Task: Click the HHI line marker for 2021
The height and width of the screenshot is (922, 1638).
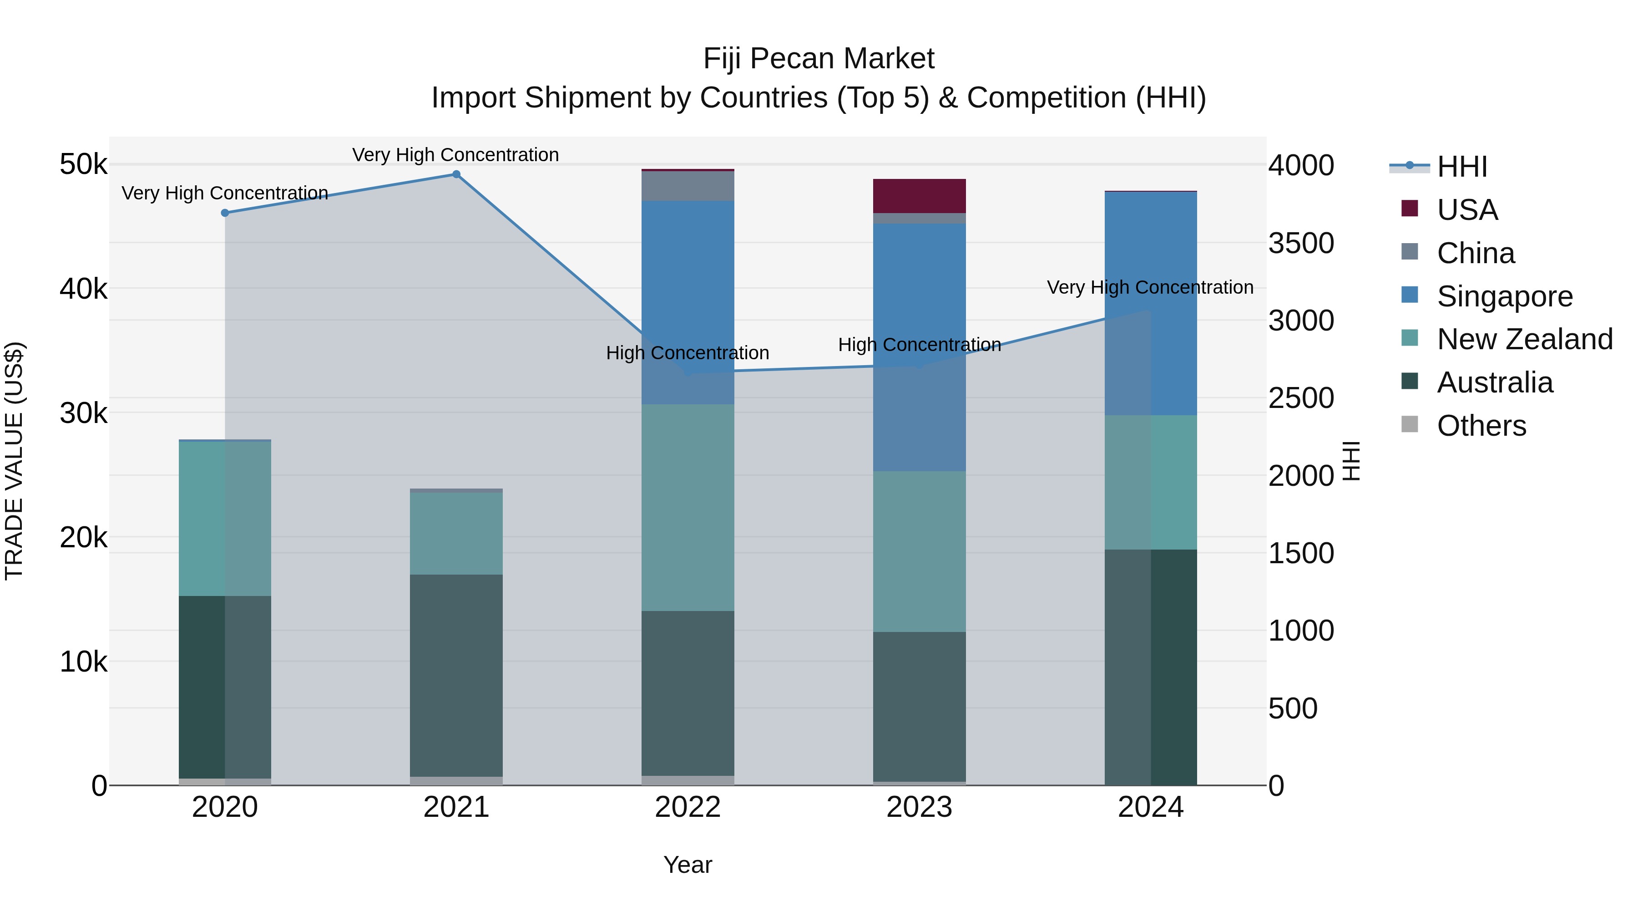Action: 456,174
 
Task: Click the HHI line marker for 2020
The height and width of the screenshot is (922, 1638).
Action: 225,213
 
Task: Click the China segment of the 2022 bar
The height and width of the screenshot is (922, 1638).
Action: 688,186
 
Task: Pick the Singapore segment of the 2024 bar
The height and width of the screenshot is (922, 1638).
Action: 1151,255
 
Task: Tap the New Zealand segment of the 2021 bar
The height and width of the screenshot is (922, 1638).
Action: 456,533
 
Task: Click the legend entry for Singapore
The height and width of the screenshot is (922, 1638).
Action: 1505,296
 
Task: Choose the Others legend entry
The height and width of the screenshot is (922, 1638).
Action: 1481,426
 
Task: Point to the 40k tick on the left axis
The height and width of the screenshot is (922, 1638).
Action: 83,289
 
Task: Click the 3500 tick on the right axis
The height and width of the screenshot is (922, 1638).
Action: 1301,243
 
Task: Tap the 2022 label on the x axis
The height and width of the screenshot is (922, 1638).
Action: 688,807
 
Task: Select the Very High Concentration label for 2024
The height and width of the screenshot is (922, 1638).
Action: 1150,288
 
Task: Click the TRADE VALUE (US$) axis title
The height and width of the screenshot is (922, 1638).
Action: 15,461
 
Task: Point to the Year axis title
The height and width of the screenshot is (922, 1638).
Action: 688,865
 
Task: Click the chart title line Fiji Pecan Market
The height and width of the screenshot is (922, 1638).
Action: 819,59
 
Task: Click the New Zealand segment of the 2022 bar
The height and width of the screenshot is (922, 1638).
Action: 688,508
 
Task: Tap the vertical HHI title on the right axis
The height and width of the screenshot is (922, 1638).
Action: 1351,461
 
